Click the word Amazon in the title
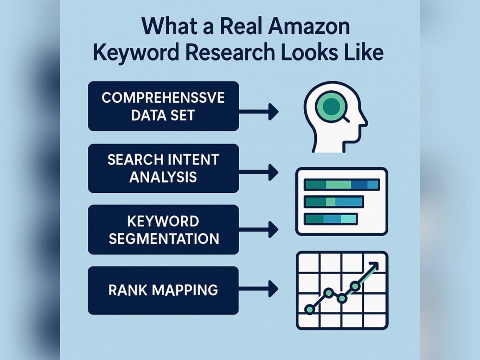point(309,26)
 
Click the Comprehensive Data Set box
point(164,106)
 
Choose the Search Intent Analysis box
point(164,168)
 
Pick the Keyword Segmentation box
point(164,229)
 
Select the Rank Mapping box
point(163,290)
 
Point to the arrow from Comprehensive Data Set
point(259,112)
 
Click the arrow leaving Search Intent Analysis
point(259,172)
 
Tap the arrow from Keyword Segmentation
point(259,229)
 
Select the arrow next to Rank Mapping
point(259,288)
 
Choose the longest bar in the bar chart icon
point(342,185)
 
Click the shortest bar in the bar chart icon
point(331,219)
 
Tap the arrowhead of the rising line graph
point(374,266)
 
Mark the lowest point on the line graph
point(310,310)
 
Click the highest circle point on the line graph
point(355,286)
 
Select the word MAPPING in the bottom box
point(185,290)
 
